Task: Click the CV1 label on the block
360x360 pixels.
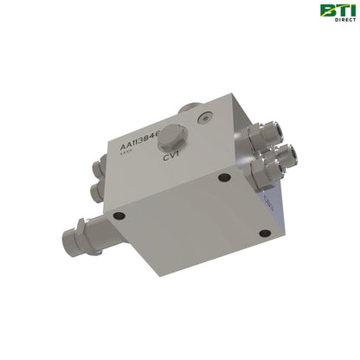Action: [171, 157]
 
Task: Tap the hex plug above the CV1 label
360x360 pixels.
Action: [175, 137]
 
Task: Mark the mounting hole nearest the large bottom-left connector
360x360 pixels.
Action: [119, 215]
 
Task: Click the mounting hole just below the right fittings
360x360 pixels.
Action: [224, 177]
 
